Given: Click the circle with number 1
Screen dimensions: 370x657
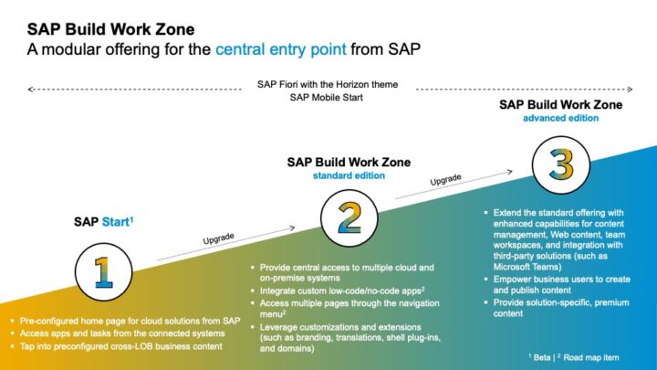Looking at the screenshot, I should [107, 271].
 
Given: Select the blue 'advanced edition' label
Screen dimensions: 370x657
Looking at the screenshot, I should [560, 118].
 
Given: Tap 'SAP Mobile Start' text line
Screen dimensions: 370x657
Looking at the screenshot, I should [328, 98].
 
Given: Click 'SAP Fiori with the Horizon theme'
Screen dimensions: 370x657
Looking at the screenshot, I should [328, 85].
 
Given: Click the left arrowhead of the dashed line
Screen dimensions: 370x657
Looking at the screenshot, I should [29, 90].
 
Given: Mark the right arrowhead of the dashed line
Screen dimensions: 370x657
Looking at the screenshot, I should [629, 90].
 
